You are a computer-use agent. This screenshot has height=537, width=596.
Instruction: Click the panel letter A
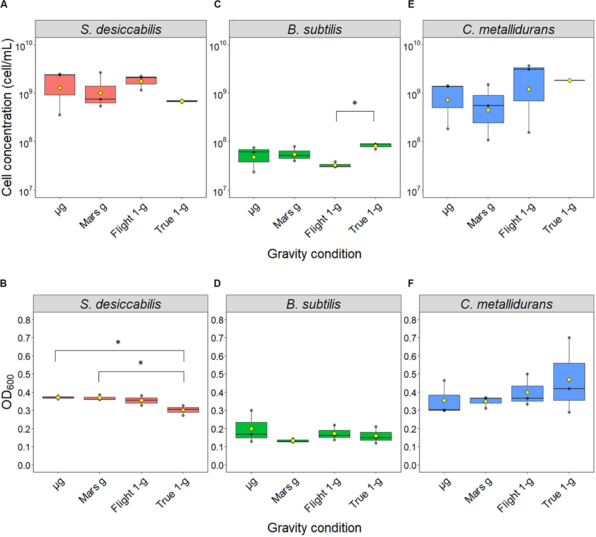(x=4, y=5)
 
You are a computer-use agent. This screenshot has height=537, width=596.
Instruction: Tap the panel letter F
(x=411, y=284)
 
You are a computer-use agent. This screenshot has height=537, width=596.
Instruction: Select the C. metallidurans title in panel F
(x=506, y=304)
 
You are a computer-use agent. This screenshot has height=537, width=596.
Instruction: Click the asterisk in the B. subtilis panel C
(x=355, y=103)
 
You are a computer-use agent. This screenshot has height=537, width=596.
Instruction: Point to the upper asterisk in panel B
(x=118, y=342)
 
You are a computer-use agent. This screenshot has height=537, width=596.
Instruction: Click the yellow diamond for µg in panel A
(x=60, y=88)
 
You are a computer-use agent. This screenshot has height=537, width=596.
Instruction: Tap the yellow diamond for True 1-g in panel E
(x=570, y=80)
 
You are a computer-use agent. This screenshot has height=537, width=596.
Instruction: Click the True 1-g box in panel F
(x=569, y=381)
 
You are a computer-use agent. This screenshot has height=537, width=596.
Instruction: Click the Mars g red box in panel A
(x=101, y=94)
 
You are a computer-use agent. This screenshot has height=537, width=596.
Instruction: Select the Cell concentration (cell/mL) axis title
(x=7, y=118)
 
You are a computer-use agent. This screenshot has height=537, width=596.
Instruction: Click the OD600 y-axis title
(x=8, y=391)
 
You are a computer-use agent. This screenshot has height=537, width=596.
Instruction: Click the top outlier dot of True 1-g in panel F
(x=569, y=338)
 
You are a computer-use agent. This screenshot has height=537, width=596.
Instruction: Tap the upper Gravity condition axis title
(x=314, y=254)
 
